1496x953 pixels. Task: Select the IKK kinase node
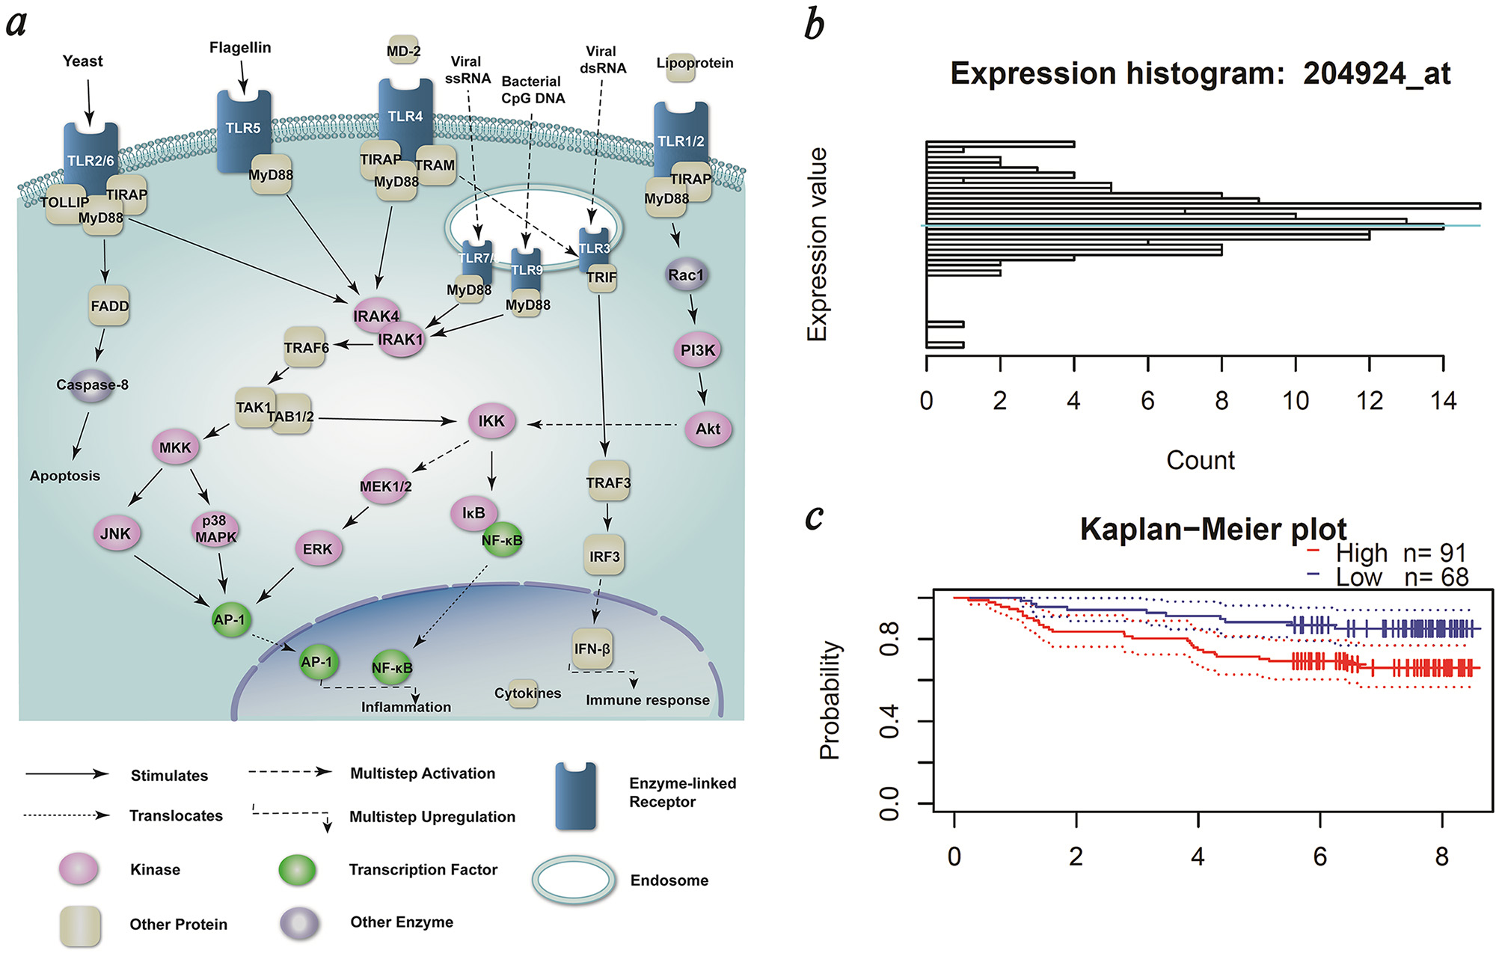[491, 421]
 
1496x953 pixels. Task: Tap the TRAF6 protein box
[306, 348]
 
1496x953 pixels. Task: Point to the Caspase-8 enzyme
[92, 384]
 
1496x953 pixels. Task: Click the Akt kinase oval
[708, 429]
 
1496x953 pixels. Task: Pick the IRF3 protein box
[604, 557]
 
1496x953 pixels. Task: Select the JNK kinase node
[115, 533]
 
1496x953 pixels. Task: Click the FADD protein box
[109, 306]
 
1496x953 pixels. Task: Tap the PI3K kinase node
[698, 350]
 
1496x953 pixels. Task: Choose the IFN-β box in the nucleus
[592, 649]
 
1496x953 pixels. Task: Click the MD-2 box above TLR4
[403, 51]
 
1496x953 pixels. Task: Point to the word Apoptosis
[65, 476]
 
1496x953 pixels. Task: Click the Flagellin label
[240, 47]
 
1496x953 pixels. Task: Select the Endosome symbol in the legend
[574, 880]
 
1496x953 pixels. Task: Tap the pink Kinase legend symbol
[79, 869]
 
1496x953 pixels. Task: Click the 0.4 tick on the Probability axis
[889, 721]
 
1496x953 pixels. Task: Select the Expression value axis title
[818, 244]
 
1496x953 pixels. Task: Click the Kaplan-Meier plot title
[1213, 529]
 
